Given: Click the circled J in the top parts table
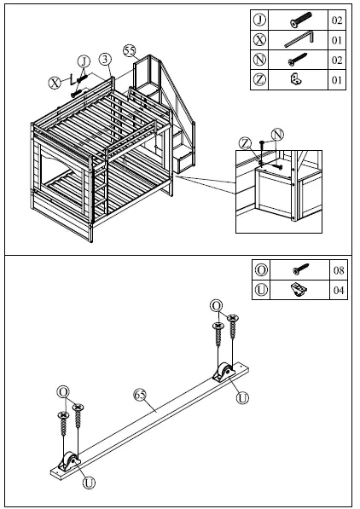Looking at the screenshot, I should pyautogui.click(x=259, y=20).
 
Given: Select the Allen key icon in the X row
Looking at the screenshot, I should pyautogui.click(x=300, y=39).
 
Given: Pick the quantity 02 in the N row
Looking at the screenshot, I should pyautogui.click(x=338, y=60).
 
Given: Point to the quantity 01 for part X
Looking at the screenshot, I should pyautogui.click(x=338, y=39).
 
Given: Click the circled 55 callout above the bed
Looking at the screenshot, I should pyautogui.click(x=130, y=51).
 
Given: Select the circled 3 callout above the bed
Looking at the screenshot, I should pyautogui.click(x=104, y=59).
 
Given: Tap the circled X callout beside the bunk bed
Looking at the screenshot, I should pyautogui.click(x=54, y=83).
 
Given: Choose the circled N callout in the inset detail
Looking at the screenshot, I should pyautogui.click(x=276, y=135).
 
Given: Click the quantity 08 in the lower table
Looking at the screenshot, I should pyautogui.click(x=338, y=270).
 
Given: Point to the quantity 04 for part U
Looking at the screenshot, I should pyautogui.click(x=338, y=290).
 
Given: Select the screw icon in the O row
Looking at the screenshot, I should pyautogui.click(x=299, y=270).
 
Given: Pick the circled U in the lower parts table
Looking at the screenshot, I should pyautogui.click(x=260, y=290).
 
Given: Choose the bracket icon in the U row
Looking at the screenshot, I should pyautogui.click(x=299, y=290).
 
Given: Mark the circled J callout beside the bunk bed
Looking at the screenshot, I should pyautogui.click(x=83, y=60).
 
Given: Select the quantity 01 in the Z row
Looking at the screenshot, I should pyautogui.click(x=338, y=80).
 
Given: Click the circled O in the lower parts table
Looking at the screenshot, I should pyautogui.click(x=260, y=270).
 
